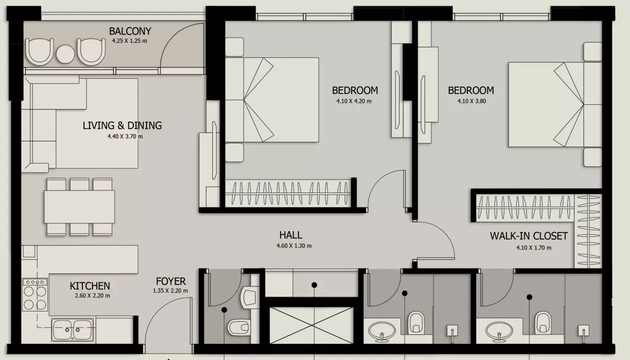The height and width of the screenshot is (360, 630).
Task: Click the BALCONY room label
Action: pyautogui.click(x=130, y=31)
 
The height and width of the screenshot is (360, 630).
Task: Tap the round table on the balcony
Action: pyautogui.click(x=65, y=54)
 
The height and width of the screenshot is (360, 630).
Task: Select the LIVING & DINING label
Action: pyautogui.click(x=122, y=125)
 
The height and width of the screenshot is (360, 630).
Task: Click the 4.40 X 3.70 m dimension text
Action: pyautogui.click(x=125, y=137)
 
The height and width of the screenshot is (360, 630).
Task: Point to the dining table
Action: pyautogui.click(x=79, y=207)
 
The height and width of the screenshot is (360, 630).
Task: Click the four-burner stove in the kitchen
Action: pyautogui.click(x=35, y=294)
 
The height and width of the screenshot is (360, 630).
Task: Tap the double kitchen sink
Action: pyautogui.click(x=72, y=330)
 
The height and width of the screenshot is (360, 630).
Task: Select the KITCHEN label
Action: pyautogui.click(x=90, y=286)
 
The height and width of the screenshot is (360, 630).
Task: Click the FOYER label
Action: pyautogui.click(x=171, y=281)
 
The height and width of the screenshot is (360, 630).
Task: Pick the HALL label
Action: pyautogui.click(x=291, y=235)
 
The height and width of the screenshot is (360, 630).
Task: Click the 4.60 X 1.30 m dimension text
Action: pyautogui.click(x=294, y=246)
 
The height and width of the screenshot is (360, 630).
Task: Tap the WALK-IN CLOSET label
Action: pyautogui.click(x=529, y=236)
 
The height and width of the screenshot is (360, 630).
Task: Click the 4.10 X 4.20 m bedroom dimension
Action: pyautogui.click(x=354, y=101)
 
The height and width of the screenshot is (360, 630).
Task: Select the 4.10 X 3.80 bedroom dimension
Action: pyautogui.click(x=471, y=101)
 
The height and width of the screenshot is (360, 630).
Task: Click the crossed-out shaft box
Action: pyautogui.click(x=311, y=325)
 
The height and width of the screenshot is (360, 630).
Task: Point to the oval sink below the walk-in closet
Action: pyautogui.click(x=499, y=331)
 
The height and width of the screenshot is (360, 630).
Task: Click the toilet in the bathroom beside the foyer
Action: pyautogui.click(x=238, y=327)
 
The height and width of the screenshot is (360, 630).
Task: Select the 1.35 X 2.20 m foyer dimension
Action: pyautogui.click(x=170, y=291)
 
